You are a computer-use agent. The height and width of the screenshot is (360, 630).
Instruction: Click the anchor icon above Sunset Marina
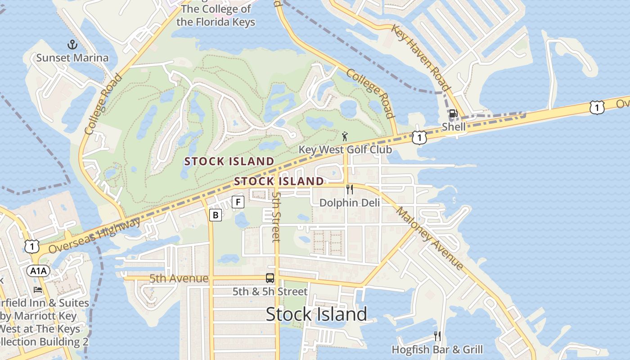(x=72, y=45)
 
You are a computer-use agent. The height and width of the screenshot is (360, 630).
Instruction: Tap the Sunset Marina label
(x=72, y=58)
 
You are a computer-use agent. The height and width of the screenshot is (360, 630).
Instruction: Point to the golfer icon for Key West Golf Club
(x=345, y=136)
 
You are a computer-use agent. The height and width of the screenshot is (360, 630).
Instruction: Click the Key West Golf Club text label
(x=346, y=149)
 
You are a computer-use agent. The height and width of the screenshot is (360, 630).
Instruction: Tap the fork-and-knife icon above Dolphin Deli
(x=349, y=189)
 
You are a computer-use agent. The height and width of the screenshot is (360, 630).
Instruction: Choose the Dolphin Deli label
(x=350, y=202)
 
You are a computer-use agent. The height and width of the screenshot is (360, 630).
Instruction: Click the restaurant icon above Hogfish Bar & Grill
(x=436, y=336)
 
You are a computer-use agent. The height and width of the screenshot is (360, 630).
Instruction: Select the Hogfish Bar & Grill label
(x=437, y=349)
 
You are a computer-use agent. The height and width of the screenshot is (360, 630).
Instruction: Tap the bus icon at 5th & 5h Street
(x=270, y=278)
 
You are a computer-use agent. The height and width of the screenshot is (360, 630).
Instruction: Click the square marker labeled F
(x=238, y=202)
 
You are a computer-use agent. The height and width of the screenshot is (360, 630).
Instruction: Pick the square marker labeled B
(x=216, y=215)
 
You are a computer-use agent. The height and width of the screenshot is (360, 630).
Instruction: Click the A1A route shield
(x=38, y=270)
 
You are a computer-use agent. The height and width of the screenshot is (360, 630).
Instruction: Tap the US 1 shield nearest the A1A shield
(x=32, y=246)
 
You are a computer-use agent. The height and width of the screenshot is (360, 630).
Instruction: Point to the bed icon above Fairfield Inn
(x=38, y=290)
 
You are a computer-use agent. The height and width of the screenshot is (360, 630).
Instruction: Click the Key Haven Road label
(x=421, y=57)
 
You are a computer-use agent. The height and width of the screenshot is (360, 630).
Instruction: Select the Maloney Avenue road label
(x=430, y=238)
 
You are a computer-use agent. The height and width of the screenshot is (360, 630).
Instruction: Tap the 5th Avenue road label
(x=179, y=279)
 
